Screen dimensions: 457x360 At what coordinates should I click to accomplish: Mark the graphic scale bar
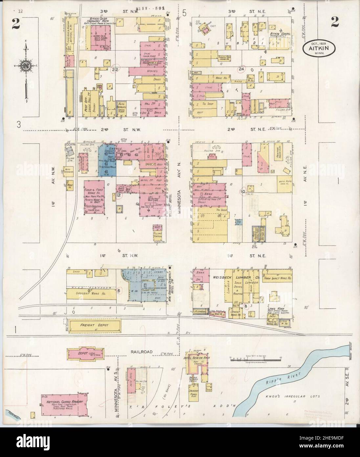pos(246,359)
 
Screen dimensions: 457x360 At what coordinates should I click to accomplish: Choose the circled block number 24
pos(242,69)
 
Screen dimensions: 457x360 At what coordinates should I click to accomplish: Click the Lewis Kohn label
pos(276,309)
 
